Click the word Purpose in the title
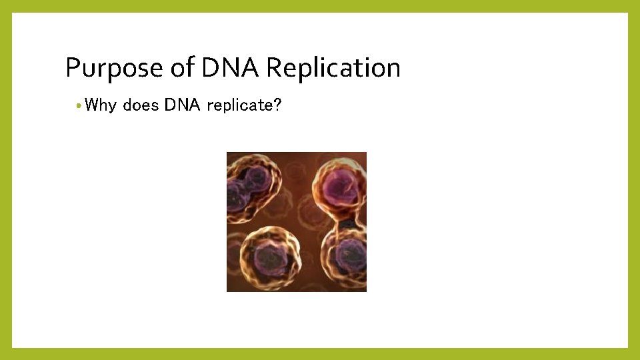(x=114, y=68)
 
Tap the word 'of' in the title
(x=183, y=67)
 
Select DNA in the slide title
(x=230, y=67)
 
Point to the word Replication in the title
(x=333, y=67)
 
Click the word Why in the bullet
(x=101, y=105)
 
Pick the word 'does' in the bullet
(x=141, y=105)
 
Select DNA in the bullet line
(x=183, y=105)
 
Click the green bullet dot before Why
(x=79, y=106)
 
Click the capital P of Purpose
(x=73, y=67)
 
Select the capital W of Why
(x=92, y=105)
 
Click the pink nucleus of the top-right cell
(x=339, y=189)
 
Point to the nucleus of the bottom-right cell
(x=349, y=255)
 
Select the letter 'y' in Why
(x=113, y=107)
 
